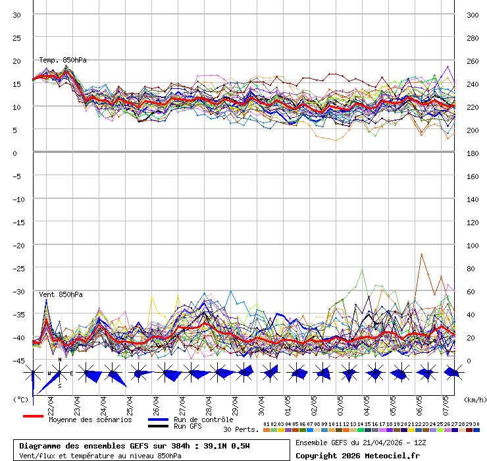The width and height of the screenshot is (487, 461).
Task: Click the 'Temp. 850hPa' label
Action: [63, 61]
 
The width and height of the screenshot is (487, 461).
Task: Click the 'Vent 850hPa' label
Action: [61, 294]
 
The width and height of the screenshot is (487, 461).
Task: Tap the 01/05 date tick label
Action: [288, 402]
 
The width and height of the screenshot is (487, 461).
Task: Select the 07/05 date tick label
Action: [446, 402]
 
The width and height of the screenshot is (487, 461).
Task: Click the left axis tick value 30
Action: [16, 14]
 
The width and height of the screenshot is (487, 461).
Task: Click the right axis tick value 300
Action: [473, 14]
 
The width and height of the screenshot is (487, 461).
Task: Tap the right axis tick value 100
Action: [473, 245]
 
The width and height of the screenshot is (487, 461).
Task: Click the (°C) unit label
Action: [20, 399]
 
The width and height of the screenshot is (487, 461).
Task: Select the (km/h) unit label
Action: [474, 399]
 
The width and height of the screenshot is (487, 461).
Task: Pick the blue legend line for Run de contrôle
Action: [158, 420]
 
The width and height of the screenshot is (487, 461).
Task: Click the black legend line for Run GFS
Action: [158, 426]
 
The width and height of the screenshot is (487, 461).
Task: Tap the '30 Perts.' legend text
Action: [241, 429]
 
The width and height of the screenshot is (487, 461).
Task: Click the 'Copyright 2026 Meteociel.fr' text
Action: [357, 455]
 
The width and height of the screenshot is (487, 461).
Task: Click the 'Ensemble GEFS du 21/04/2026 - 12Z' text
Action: [361, 443]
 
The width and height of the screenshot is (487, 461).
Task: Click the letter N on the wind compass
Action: [60, 360]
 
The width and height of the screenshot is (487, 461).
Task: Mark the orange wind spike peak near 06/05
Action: [421, 254]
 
